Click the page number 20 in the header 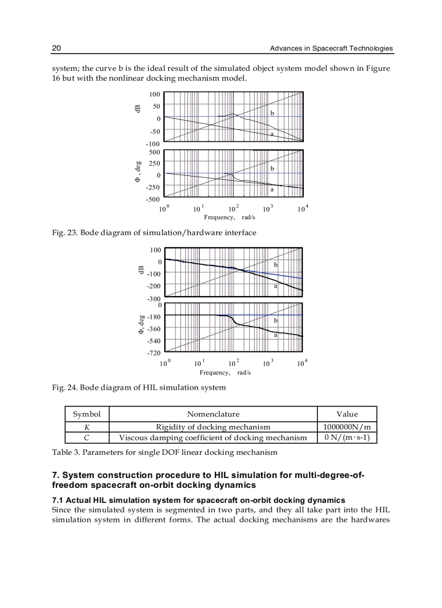(x=56, y=49)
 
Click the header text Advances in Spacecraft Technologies (x=331, y=49)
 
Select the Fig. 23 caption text (x=154, y=233)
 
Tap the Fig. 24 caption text (x=139, y=388)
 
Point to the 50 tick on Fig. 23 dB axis (x=156, y=107)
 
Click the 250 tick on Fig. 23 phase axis (x=154, y=164)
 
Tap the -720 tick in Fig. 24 (x=154, y=353)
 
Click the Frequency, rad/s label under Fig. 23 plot (x=229, y=217)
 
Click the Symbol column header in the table (x=87, y=414)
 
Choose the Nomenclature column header (x=213, y=414)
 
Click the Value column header (x=347, y=414)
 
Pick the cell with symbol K (x=87, y=427)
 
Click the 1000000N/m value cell (x=347, y=427)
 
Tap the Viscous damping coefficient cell (x=213, y=437)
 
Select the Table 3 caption (x=165, y=452)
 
